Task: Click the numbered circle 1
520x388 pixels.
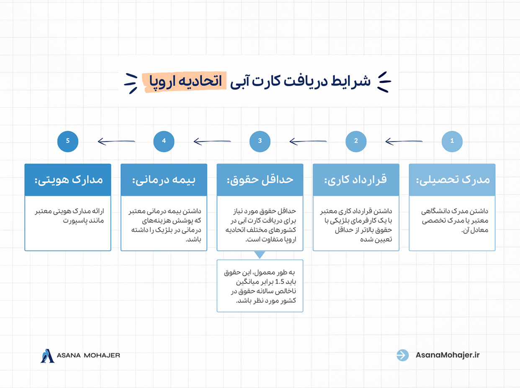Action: coord(452,141)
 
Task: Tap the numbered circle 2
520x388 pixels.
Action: coord(356,141)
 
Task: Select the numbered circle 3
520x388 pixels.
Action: coord(260,141)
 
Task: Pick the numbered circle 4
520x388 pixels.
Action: coord(164,141)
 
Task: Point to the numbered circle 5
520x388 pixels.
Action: coord(68,141)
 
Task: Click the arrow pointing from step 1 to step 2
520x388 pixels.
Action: coord(404,142)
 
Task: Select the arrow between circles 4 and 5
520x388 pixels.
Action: coord(116,142)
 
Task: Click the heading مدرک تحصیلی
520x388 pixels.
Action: coord(453,180)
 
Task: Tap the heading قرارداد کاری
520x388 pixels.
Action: coord(356,180)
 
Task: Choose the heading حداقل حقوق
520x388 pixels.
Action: coord(260,180)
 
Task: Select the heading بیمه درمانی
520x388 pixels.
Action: coord(164,180)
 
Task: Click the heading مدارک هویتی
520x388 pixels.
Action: coord(68,180)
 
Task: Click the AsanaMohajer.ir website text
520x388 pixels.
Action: coord(448,355)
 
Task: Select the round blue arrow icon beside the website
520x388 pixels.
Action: coord(402,355)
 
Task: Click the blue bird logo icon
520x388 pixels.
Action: coord(48,355)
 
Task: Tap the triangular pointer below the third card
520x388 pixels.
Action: coord(260,254)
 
